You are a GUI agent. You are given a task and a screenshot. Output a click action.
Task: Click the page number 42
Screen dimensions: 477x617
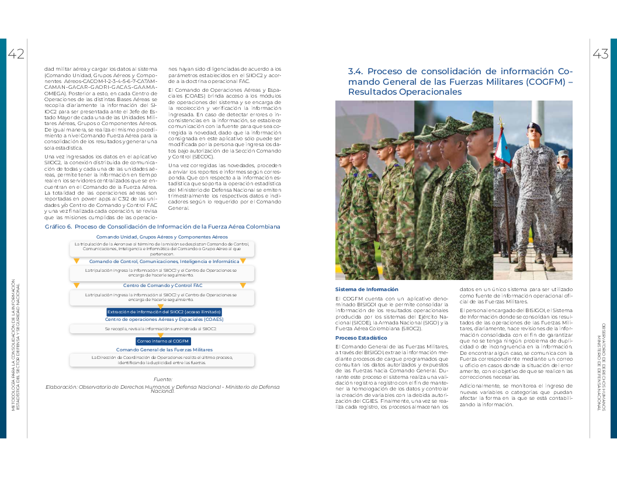[16, 54]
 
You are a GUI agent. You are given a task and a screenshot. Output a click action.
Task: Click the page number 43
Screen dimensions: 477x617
[600, 54]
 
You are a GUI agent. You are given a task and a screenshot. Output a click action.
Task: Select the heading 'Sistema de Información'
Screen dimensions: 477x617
[366, 289]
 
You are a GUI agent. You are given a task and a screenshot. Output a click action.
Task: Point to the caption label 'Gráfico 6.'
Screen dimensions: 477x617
[58, 226]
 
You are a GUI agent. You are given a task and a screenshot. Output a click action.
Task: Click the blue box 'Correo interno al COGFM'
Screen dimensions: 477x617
[163, 341]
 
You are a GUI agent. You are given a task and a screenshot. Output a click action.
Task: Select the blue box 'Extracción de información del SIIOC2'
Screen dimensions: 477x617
[164, 312]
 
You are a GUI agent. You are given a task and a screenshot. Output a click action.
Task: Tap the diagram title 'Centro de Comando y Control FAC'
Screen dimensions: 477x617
[162, 285]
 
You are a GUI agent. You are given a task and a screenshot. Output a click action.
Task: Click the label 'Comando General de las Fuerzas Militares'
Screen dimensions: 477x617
[164, 350]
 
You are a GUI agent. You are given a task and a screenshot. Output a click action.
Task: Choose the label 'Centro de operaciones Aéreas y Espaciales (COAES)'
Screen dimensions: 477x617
[164, 319]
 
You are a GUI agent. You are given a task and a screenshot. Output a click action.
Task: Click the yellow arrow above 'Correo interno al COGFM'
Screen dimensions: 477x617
[161, 335]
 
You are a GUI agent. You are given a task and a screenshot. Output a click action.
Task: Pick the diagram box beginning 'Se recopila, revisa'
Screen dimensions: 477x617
[161, 329]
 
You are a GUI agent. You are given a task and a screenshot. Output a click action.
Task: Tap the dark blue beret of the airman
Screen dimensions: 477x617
[533, 128]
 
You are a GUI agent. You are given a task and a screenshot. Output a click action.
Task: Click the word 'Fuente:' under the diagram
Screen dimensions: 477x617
[162, 379]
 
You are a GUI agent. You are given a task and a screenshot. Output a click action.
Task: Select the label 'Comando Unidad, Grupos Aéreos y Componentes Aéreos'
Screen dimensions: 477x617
[162, 237]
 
